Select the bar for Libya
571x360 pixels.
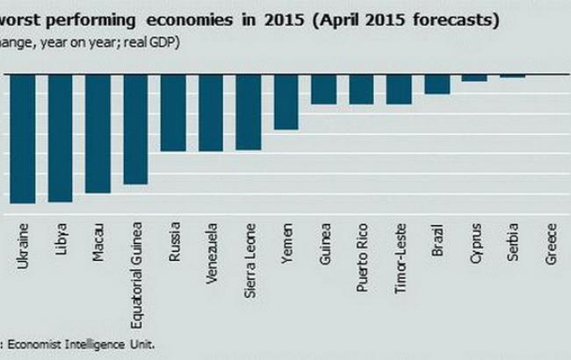tap(60, 138)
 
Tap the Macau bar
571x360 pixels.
tap(98, 133)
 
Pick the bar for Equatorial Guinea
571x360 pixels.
tap(135, 129)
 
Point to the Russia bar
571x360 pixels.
tap(173, 112)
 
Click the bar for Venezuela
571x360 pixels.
tap(211, 112)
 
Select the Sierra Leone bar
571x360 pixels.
tap(249, 112)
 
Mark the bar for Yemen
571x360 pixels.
tap(286, 102)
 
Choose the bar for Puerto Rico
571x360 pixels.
tap(362, 90)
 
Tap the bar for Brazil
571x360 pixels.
tap(437, 84)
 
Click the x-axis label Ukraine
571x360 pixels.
tap(24, 246)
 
